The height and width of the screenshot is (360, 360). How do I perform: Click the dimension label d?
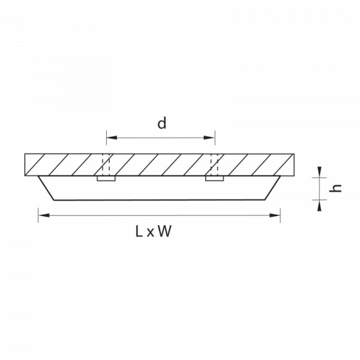(x=161, y=123)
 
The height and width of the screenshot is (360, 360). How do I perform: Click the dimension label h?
(x=335, y=188)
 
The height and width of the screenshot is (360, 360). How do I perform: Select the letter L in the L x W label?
(x=139, y=231)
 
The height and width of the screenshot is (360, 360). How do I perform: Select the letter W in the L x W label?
(x=165, y=231)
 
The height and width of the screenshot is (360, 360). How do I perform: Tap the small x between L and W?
(x=150, y=233)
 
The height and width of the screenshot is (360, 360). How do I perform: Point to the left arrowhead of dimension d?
(x=112, y=138)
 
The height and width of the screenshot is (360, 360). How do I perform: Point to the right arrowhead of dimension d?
(x=209, y=138)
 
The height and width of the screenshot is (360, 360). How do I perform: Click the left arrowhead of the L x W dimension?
(x=44, y=215)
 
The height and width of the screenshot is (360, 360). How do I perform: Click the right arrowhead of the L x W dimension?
(x=275, y=215)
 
